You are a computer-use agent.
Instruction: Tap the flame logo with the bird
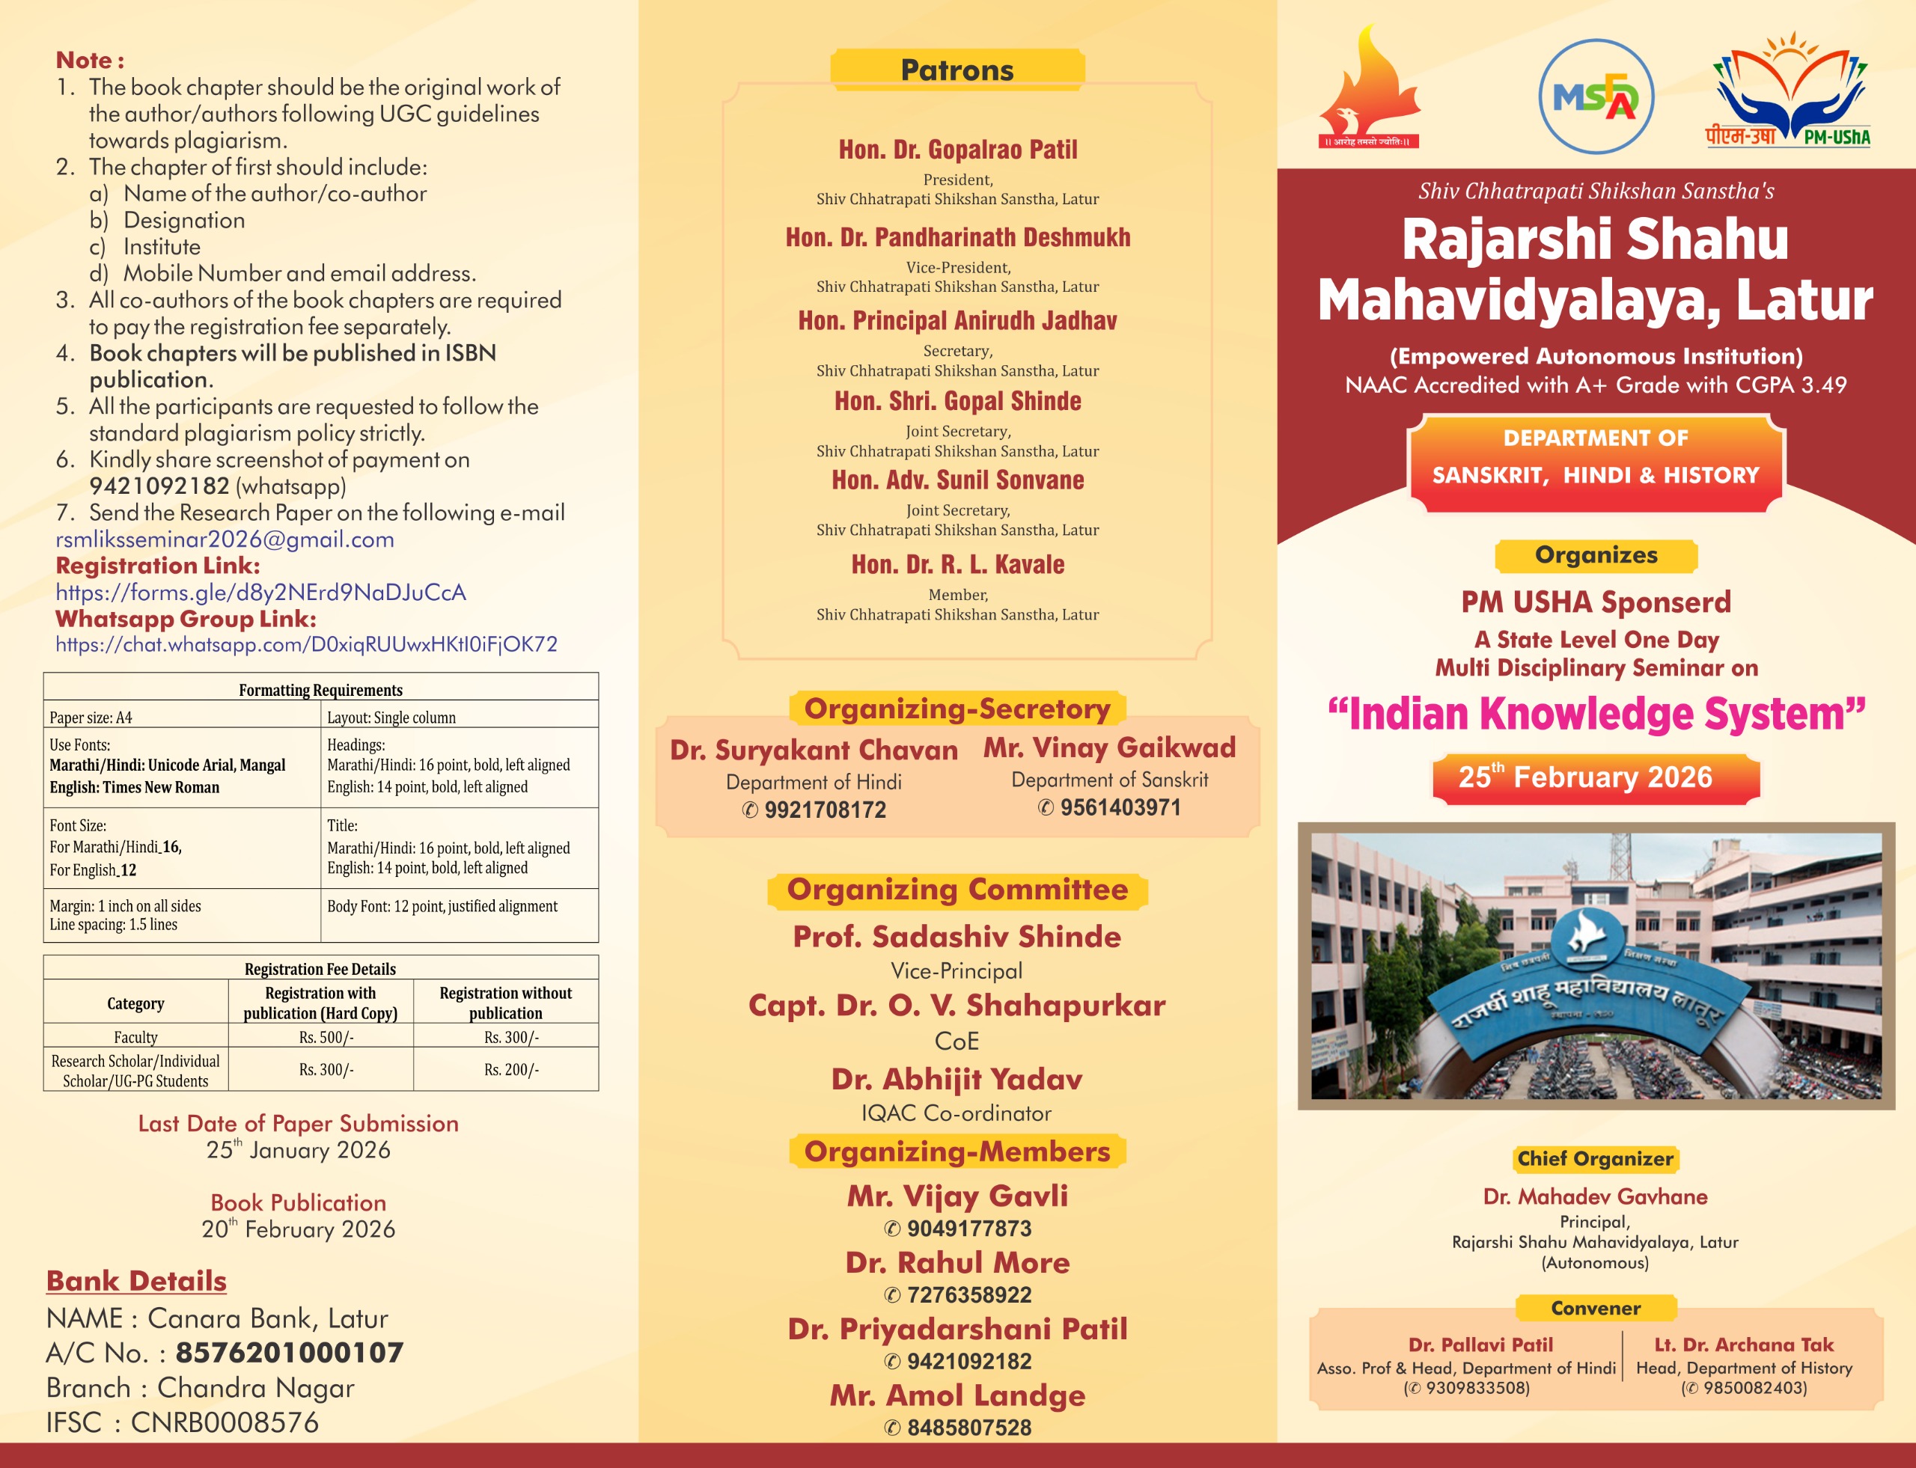coord(1368,88)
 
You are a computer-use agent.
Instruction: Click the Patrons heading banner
coord(957,70)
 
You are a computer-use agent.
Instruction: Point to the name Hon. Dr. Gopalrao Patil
coord(957,150)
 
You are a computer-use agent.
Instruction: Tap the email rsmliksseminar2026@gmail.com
coord(225,540)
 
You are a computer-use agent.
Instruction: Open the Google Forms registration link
coord(260,593)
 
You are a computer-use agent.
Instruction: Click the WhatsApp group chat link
coord(306,645)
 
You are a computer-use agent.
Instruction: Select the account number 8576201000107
coord(290,1353)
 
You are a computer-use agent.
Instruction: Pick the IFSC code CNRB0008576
coord(225,1422)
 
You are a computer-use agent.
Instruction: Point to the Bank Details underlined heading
coord(136,1281)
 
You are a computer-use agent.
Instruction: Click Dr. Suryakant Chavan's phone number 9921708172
coord(824,810)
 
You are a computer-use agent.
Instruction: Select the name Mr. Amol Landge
coord(957,1395)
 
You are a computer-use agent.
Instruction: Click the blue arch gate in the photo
coord(1587,996)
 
